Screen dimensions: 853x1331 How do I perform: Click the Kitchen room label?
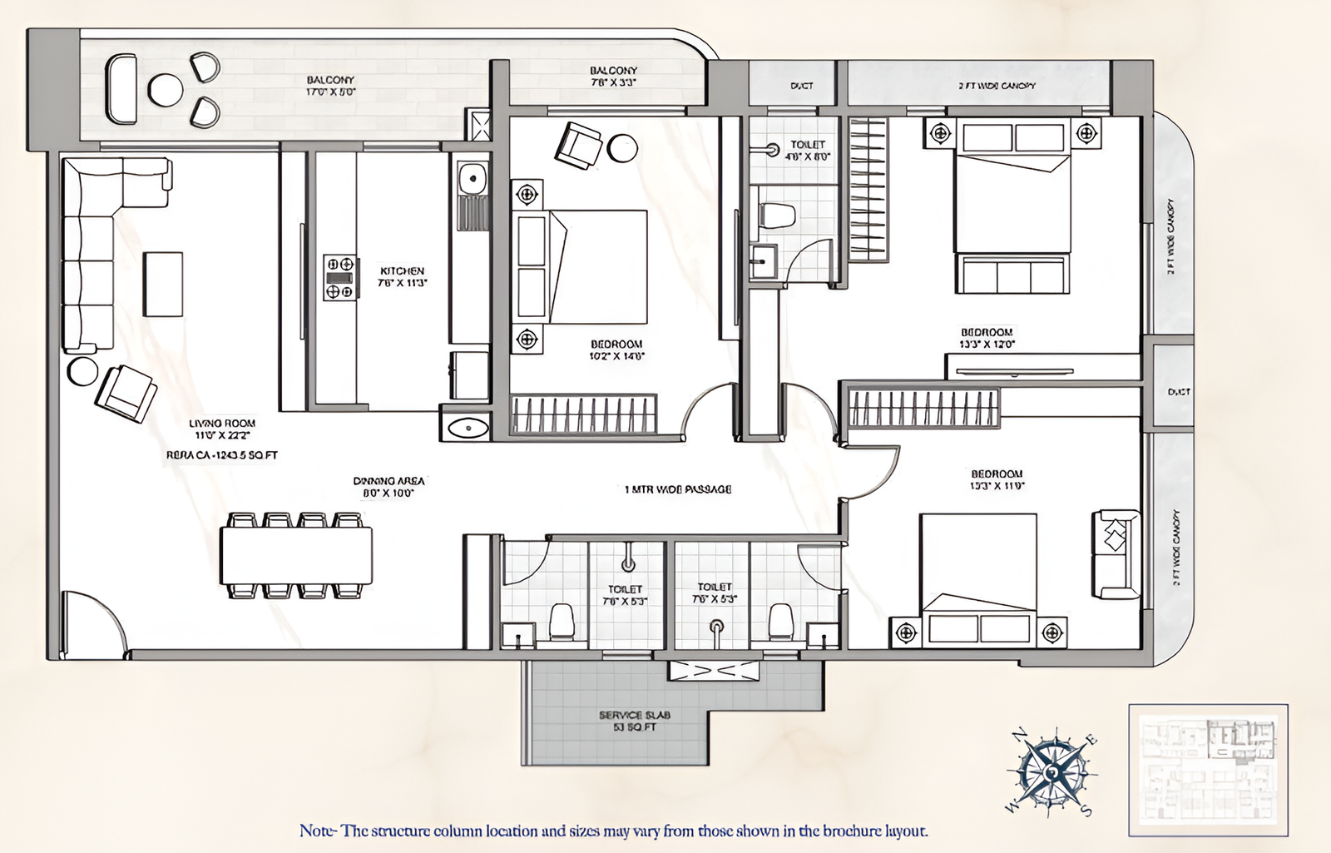click(x=403, y=277)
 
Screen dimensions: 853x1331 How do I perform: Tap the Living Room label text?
click(x=222, y=429)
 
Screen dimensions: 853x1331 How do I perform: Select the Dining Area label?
click(x=388, y=487)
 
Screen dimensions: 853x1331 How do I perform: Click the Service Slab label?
click(x=634, y=721)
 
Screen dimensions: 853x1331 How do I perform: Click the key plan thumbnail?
click(x=1208, y=770)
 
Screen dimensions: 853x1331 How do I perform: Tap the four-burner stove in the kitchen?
click(x=339, y=277)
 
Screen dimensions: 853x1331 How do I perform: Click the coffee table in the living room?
click(x=163, y=284)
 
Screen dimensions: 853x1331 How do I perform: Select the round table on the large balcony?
click(x=166, y=89)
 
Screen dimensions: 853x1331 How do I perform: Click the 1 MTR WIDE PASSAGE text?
click(x=678, y=489)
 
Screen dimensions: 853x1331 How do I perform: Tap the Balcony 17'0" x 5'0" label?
click(x=330, y=86)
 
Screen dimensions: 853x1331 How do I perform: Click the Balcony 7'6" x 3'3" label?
click(x=613, y=77)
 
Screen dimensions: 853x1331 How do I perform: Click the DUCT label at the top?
click(x=801, y=86)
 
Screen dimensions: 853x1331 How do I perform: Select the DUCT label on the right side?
click(x=1178, y=391)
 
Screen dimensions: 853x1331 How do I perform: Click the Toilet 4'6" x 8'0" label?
click(x=808, y=151)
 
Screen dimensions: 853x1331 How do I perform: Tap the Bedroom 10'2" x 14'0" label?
click(x=616, y=350)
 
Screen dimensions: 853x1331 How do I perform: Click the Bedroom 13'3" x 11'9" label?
click(x=997, y=479)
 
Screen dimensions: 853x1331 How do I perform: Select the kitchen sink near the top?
click(x=473, y=178)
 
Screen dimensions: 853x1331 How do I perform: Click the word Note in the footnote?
click(x=317, y=831)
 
